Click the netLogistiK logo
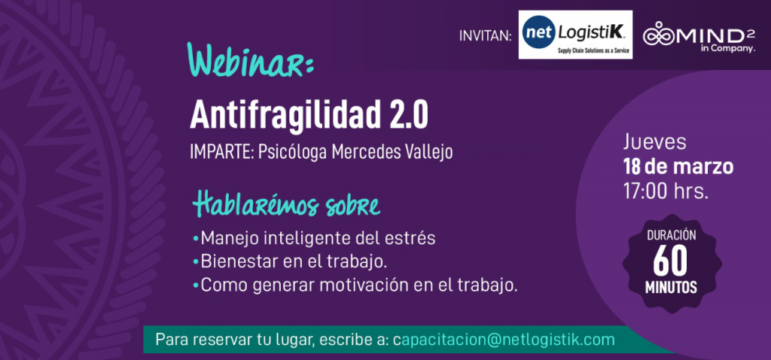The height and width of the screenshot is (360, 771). [575, 35]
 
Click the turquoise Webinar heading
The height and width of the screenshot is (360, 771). [250, 60]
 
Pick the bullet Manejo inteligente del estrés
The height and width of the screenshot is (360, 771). [314, 238]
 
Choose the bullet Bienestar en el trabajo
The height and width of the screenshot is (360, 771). [290, 261]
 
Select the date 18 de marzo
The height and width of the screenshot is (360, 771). [678, 167]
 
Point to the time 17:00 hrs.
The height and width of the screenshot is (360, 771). [666, 191]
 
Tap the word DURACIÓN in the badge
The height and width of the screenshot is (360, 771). [671, 236]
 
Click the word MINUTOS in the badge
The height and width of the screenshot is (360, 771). [671, 288]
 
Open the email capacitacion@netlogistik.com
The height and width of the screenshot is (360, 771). [504, 340]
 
